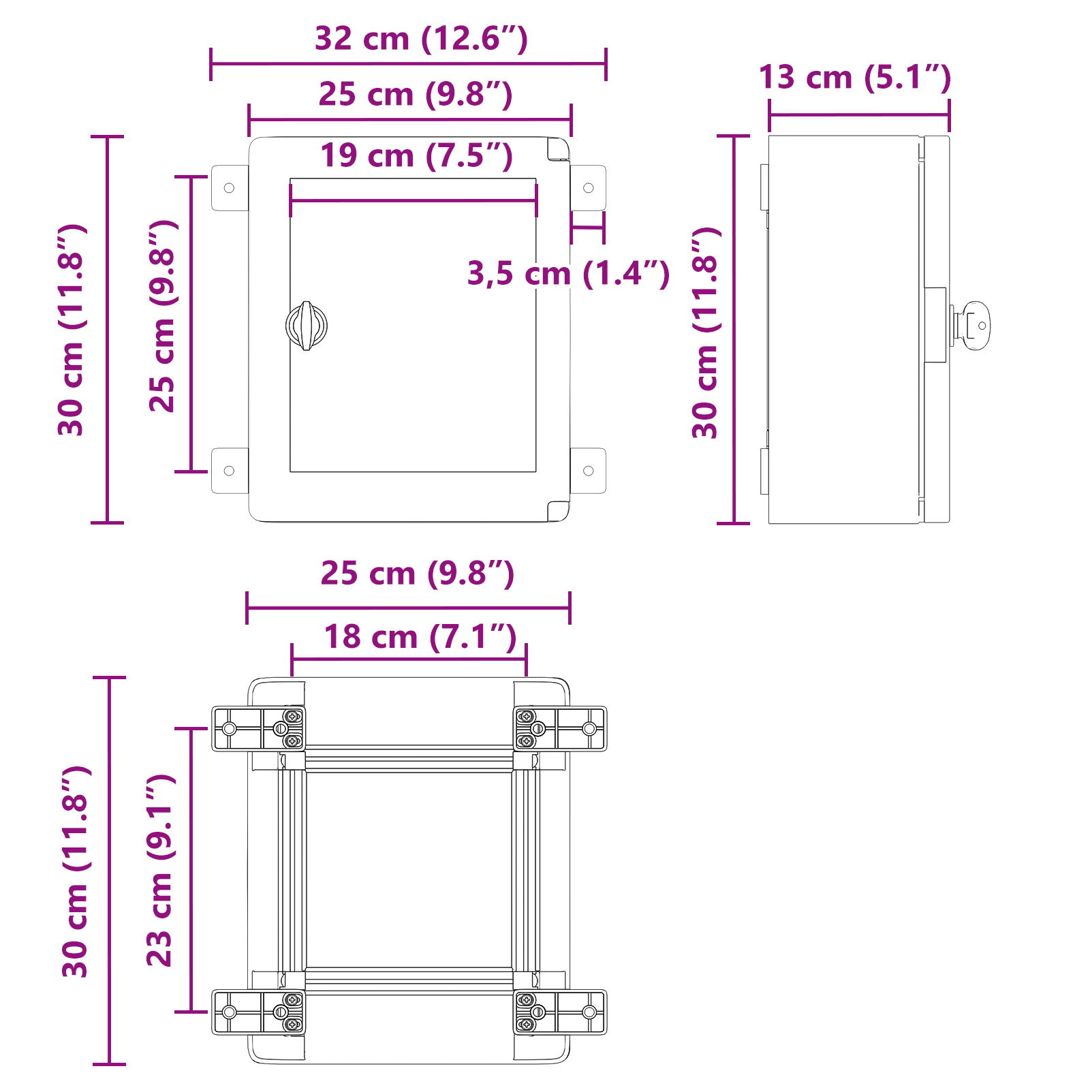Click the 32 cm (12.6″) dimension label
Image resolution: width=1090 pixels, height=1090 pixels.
(421, 39)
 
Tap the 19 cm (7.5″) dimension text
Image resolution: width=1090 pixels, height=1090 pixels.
(416, 156)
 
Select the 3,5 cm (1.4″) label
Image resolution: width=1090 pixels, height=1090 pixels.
(568, 274)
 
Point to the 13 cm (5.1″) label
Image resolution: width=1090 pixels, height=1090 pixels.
(854, 77)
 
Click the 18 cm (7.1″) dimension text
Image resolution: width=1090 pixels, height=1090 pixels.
(420, 638)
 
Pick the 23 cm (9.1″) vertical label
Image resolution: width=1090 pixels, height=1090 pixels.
(161, 870)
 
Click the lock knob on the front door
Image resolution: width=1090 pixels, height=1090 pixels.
(307, 326)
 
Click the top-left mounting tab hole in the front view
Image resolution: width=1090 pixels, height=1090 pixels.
(229, 188)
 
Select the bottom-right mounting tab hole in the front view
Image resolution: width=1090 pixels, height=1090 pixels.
(589, 471)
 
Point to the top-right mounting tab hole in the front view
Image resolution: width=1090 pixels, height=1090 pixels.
(589, 188)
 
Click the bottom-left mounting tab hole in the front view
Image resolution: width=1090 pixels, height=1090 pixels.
(229, 471)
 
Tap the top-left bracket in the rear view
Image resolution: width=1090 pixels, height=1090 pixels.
(258, 728)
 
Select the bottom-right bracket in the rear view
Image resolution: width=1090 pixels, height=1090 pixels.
(560, 1012)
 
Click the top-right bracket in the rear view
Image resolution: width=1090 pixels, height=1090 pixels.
(560, 728)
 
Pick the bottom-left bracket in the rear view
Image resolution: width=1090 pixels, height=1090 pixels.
(258, 1012)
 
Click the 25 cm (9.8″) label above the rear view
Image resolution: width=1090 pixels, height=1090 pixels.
(417, 574)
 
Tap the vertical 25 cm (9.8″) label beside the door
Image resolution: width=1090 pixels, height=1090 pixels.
(163, 316)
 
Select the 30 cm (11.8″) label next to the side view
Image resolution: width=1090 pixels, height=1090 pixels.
(706, 332)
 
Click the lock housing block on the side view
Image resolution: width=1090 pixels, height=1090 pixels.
(935, 325)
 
